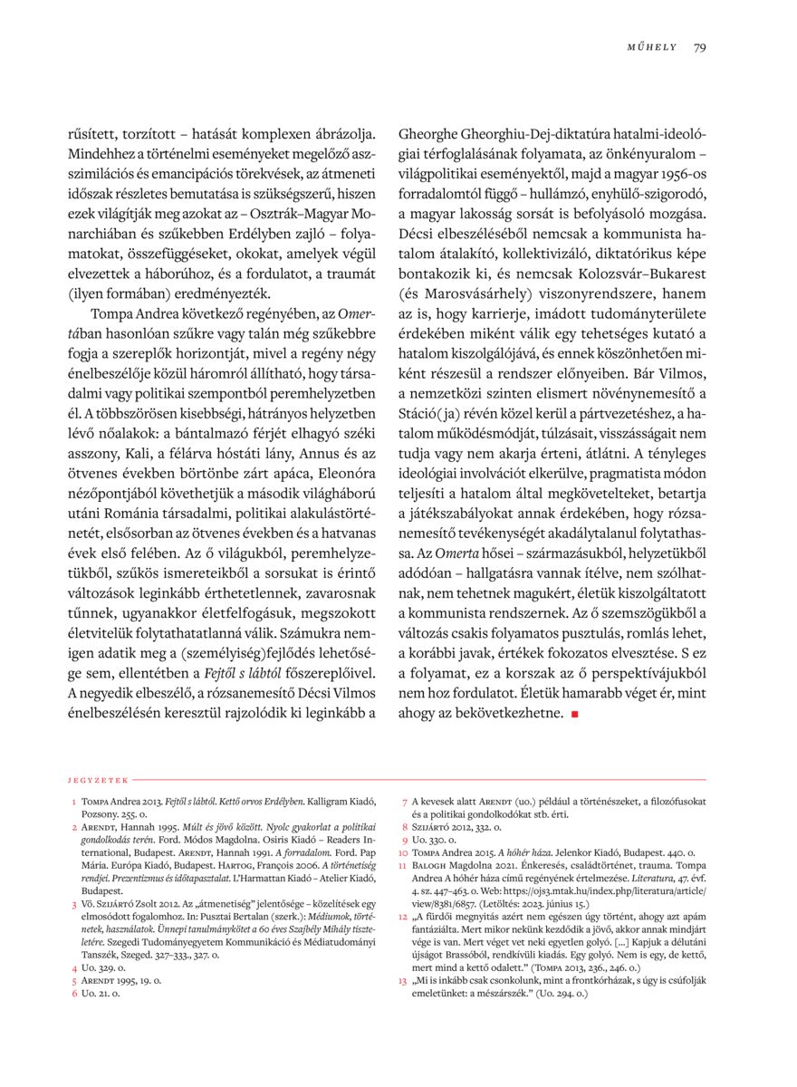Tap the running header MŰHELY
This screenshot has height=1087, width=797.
pyautogui.click(x=652, y=48)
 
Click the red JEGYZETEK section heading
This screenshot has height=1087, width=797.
pyautogui.click(x=98, y=779)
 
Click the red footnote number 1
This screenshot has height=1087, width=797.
pyautogui.click(x=72, y=803)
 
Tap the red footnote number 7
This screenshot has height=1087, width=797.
pyautogui.click(x=404, y=803)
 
